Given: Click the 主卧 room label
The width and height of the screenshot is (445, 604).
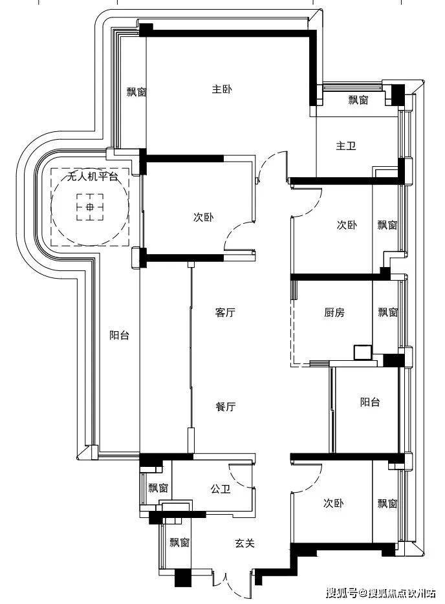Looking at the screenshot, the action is point(222,89).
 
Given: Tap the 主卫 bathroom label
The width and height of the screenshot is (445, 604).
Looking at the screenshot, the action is point(345,146).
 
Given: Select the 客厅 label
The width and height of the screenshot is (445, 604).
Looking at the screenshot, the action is point(225,312).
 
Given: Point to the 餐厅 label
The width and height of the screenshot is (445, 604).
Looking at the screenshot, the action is point(225,406).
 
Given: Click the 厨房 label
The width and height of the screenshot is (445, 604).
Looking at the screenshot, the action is point(334,312).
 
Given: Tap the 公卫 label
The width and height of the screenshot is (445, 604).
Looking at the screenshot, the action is point(221,489).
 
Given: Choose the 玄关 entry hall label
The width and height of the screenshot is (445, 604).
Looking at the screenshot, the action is point(244,543).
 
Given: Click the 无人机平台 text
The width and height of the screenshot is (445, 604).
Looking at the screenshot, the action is point(92,177).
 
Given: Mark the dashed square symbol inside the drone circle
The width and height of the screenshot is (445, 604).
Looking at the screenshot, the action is point(90,207).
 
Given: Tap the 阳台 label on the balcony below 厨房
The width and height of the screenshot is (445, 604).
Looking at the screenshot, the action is point(370,402).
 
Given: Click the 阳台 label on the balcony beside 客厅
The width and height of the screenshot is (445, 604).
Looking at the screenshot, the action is point(119,335).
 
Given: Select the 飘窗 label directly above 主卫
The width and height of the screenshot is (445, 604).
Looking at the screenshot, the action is point(358,100).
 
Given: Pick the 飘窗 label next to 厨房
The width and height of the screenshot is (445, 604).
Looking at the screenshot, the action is point(387,312).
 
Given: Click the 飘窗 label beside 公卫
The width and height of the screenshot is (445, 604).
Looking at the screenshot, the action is point(158,488).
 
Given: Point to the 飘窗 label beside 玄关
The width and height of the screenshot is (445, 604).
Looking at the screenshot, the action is point(180,543).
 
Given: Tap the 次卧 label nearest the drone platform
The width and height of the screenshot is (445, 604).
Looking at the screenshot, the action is point(203,217).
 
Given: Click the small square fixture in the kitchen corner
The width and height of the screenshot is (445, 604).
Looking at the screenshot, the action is point(363,352).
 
